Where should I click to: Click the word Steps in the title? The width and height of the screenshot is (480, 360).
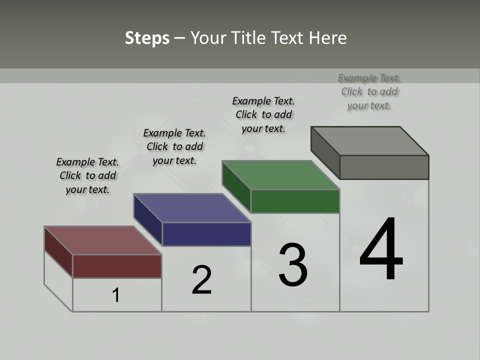coord(147,38)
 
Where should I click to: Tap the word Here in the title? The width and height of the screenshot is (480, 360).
coord(327,38)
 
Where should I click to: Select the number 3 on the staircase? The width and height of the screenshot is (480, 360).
coord(293,265)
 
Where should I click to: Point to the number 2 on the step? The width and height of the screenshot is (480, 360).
coord(202,280)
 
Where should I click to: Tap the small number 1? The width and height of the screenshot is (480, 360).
coord(116,295)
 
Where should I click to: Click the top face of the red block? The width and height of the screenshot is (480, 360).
coord(102,240)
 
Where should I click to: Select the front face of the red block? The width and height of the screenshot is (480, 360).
coord(117,266)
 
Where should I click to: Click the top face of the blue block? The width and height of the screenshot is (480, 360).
coord(192,208)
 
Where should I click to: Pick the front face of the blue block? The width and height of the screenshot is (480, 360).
coord(206,234)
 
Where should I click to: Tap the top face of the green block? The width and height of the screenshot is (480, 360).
coord(280,175)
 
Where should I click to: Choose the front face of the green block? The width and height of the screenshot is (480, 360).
coord(295,201)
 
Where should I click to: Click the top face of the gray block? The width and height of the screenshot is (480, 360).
coord(369,141)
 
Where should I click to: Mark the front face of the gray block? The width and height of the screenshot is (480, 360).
coord(384,167)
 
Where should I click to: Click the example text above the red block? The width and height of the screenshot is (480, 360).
coord(87,175)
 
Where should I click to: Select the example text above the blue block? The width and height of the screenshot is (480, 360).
coord(174,146)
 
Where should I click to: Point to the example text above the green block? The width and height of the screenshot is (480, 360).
coord(263,114)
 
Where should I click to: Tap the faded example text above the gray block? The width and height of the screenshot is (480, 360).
coord(369,91)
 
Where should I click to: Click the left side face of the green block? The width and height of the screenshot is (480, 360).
coord(236,186)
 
